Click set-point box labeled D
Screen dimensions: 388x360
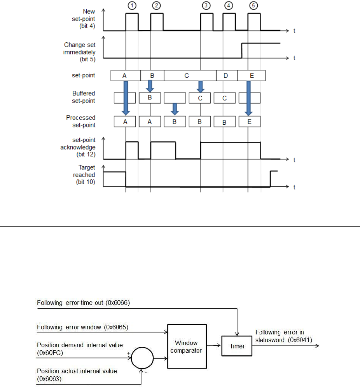tap(226, 76)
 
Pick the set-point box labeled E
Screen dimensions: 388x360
tap(252, 76)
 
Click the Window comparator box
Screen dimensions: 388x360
tap(186, 346)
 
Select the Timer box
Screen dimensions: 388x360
tap(237, 346)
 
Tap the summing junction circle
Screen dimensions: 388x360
tap(142, 357)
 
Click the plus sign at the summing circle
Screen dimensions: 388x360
tap(128, 352)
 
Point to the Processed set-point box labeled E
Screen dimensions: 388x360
tap(250, 122)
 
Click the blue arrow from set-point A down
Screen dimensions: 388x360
tap(125, 97)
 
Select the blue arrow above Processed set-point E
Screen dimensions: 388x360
tap(248, 97)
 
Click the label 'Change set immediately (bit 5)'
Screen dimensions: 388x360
tap(80, 52)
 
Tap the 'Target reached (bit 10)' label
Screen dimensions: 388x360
tap(84, 175)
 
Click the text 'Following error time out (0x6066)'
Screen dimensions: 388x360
tap(83, 303)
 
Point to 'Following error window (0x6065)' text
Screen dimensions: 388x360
tap(82, 327)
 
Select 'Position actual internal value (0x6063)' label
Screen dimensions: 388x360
tap(77, 374)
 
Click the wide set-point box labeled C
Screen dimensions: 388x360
tap(187, 76)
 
